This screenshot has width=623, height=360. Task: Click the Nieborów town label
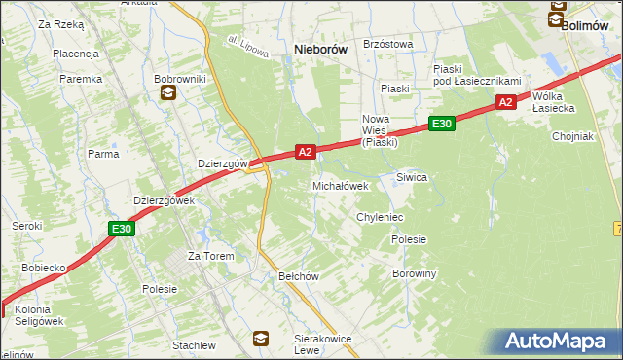(321, 49)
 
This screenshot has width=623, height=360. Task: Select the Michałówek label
(340, 185)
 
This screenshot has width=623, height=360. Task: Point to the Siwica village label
(412, 177)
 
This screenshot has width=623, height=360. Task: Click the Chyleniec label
(380, 217)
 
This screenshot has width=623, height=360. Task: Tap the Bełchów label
(299, 276)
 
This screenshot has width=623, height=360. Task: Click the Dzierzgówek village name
(164, 200)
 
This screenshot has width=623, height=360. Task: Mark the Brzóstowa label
(387, 44)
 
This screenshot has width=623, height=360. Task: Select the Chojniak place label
(571, 136)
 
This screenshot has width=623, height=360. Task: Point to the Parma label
(103, 154)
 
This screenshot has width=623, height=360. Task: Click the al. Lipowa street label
(248, 48)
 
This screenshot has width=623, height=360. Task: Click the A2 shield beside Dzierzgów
(305, 152)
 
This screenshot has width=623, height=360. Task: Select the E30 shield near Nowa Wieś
(441, 124)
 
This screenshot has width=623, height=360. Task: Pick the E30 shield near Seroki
(120, 229)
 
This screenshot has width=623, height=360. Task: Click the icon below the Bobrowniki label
(167, 93)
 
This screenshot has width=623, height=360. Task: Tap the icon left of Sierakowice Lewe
(261, 338)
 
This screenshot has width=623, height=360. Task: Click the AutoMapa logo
(561, 341)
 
